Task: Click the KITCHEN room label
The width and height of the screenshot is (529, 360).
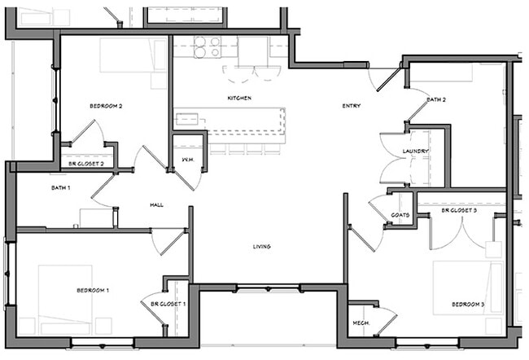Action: (x=239, y=99)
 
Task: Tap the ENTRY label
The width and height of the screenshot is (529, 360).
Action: (x=352, y=106)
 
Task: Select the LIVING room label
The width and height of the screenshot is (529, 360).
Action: (x=262, y=247)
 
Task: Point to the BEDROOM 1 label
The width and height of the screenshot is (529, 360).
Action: (x=93, y=290)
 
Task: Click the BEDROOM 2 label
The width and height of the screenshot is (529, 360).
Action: (x=106, y=106)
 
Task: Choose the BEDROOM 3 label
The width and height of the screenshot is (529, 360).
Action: (x=468, y=305)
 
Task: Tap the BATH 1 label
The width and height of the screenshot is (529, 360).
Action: (x=61, y=187)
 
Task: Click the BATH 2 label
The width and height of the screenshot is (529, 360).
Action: (x=436, y=99)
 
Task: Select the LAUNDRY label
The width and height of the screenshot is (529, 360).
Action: (x=415, y=151)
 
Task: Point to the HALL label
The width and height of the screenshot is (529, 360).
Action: (x=156, y=204)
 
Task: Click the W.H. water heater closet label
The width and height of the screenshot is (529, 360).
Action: (x=188, y=160)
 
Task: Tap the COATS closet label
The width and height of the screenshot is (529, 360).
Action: (x=400, y=215)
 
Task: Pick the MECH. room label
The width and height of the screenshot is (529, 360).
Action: (x=361, y=323)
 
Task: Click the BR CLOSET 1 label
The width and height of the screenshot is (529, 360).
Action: (x=168, y=304)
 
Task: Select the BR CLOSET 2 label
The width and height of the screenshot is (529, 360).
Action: (x=86, y=164)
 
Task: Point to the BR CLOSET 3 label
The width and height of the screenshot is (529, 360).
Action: (x=459, y=210)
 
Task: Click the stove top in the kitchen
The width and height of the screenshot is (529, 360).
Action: (x=208, y=47)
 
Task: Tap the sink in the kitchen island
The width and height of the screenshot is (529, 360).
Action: (x=187, y=119)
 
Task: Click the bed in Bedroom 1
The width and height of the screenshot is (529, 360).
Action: (x=65, y=300)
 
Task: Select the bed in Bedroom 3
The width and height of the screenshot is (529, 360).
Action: (x=468, y=288)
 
